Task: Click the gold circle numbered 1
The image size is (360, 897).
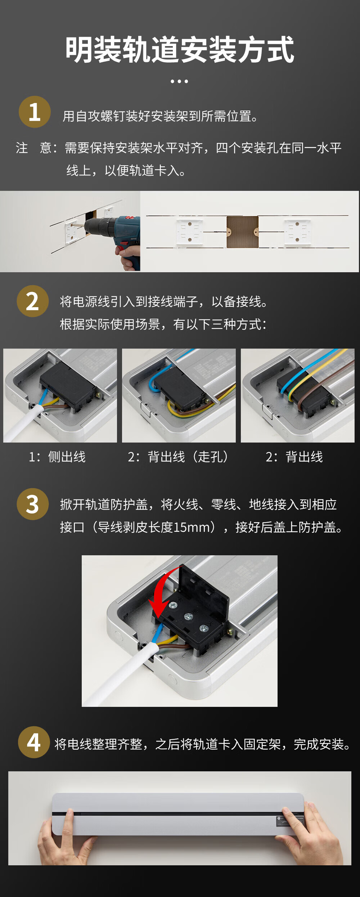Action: (x=35, y=112)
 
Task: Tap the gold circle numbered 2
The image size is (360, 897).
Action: (x=33, y=301)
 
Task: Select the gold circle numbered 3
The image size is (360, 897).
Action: (x=33, y=504)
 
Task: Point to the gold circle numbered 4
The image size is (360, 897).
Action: (x=34, y=742)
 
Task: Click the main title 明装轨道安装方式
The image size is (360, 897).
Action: (x=180, y=50)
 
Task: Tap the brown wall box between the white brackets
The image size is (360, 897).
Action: (x=242, y=232)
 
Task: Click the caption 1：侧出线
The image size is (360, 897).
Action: (x=57, y=457)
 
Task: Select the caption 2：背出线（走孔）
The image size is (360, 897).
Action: (x=178, y=457)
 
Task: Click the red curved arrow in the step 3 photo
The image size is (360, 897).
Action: (x=162, y=591)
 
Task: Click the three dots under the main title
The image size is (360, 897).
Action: (x=179, y=81)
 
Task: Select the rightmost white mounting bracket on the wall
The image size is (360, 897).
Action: (x=297, y=232)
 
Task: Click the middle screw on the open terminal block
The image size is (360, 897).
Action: (x=188, y=617)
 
